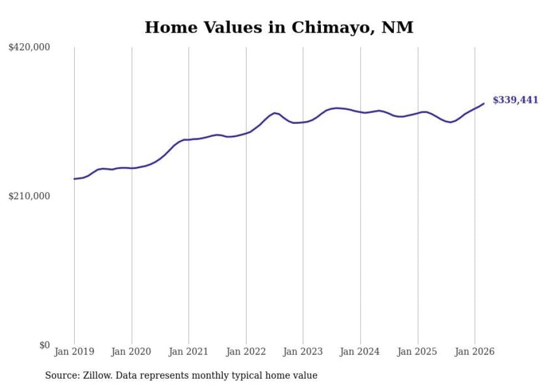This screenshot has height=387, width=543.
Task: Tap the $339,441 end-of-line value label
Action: (515, 100)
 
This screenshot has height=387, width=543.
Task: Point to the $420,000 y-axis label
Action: (29, 48)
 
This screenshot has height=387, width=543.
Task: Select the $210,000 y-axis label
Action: (29, 196)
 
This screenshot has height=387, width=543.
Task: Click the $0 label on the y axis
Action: (44, 345)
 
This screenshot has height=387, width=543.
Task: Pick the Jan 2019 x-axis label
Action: (74, 352)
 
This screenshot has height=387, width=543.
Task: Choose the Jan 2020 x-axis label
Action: (131, 352)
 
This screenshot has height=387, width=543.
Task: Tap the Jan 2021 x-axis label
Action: (188, 352)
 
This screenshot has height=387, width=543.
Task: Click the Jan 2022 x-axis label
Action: (246, 352)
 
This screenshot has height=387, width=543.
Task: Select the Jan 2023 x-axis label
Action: (303, 352)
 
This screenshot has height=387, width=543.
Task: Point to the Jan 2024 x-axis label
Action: (360, 352)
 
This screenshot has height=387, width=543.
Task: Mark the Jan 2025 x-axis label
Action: (418, 352)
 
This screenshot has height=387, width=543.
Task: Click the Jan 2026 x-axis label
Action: (475, 352)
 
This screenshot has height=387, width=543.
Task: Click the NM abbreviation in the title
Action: (398, 27)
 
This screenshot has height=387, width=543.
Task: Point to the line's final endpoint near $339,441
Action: (484, 104)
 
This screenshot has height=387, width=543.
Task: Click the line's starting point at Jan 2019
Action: (74, 179)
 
